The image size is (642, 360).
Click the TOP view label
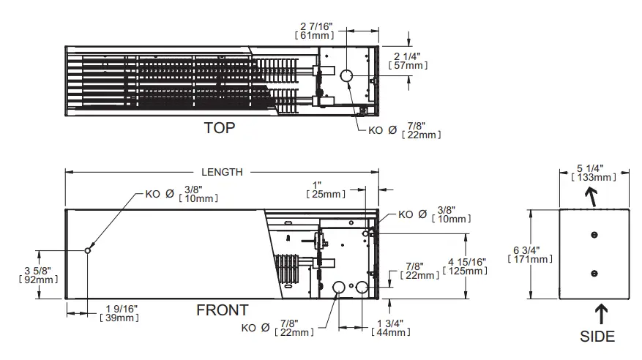click(x=220, y=128)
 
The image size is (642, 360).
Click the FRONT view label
click(x=222, y=310)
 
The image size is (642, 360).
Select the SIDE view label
click(x=597, y=336)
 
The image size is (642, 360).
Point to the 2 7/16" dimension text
click(x=317, y=26)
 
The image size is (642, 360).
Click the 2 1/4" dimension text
click(x=408, y=56)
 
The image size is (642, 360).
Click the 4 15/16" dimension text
click(x=465, y=262)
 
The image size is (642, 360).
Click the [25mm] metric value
click(x=326, y=194)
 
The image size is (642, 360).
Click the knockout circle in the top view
click(x=346, y=75)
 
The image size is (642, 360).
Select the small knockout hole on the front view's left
click(x=88, y=250)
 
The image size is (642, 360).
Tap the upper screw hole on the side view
click(x=594, y=235)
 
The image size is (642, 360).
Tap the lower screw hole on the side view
click(x=594, y=272)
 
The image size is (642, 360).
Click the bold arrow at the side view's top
click(x=590, y=196)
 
